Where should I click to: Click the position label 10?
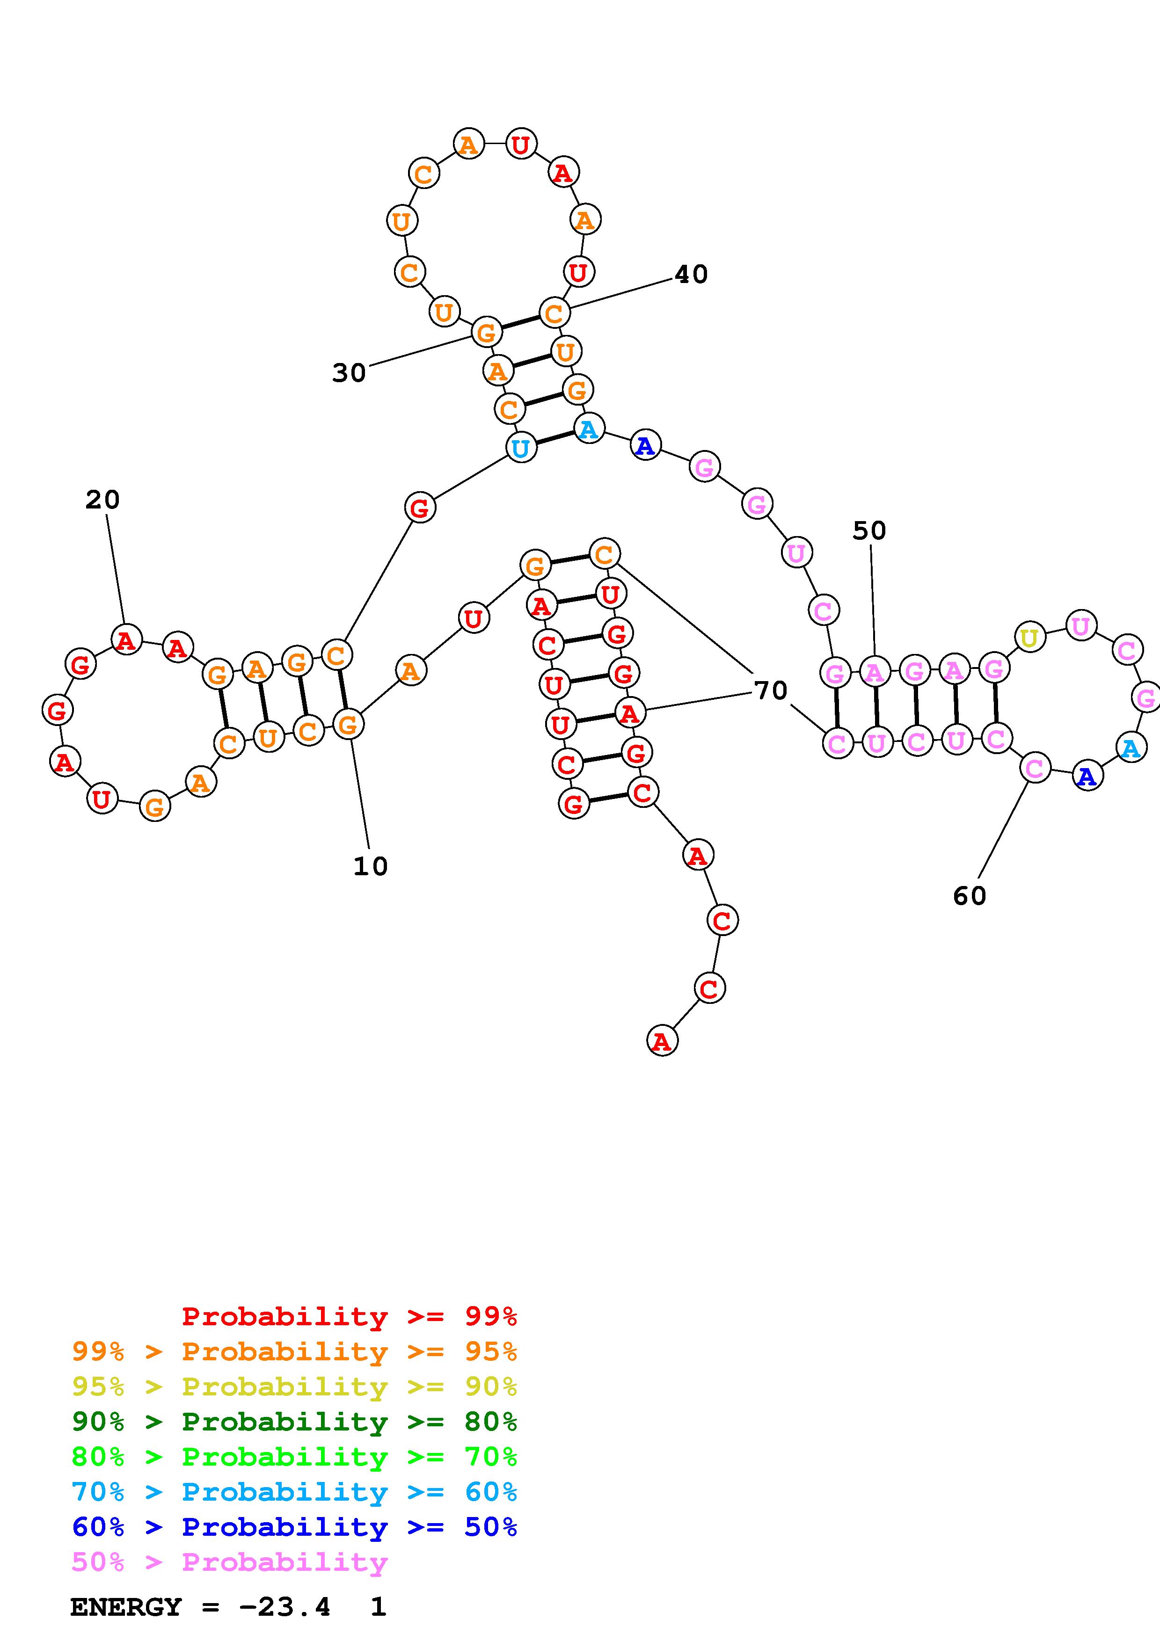click(x=370, y=866)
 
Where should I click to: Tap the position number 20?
click(x=102, y=500)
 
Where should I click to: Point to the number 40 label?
click(x=691, y=275)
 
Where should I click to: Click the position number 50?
click(x=869, y=530)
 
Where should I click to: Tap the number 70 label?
click(x=771, y=690)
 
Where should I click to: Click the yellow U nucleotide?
click(x=1029, y=638)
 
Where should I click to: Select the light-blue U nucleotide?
click(x=521, y=448)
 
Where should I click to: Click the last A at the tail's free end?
click(x=662, y=1041)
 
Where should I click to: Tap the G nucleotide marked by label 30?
click(x=485, y=332)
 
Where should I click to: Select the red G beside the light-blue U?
click(x=420, y=508)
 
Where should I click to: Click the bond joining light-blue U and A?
click(x=554, y=438)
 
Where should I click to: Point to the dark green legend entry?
click(x=294, y=1422)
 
